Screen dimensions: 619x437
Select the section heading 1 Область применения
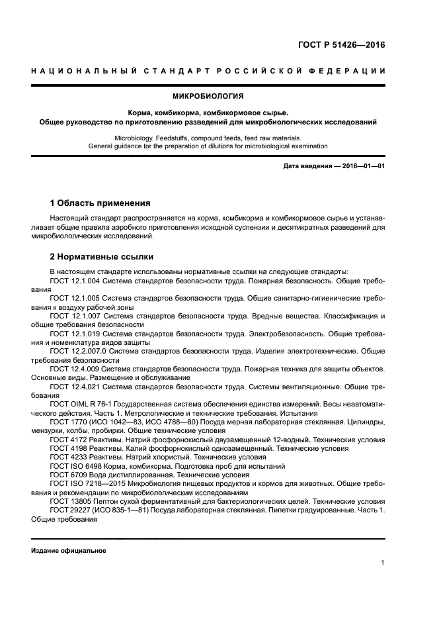[x=100, y=203]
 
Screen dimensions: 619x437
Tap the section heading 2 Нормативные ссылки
[x=102, y=256]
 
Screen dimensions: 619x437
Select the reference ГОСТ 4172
[x=67, y=438]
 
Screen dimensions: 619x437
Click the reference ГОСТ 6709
[x=67, y=473]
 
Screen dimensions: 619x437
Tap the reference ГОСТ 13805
[x=69, y=501]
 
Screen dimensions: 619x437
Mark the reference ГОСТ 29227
[x=69, y=510]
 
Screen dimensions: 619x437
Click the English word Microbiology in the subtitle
[x=134, y=137]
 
